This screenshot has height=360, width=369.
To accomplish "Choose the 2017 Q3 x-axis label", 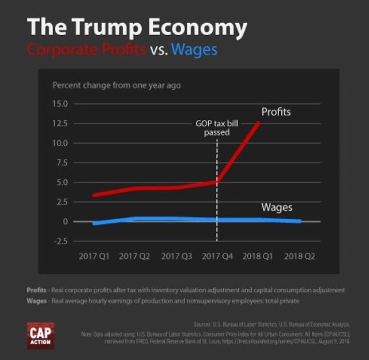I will coord(176,256).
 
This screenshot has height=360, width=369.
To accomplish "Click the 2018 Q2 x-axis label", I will coord(300,256).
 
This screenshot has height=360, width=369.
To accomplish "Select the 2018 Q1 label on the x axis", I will coord(258,256).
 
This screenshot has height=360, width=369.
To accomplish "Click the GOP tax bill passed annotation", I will coord(216,127).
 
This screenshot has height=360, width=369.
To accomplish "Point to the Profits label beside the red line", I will coord(276,112).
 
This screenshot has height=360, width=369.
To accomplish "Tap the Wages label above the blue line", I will coord(277,207).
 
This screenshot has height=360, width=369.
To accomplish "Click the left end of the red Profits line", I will coord(94,195).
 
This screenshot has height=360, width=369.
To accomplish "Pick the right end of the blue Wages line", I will coord(300,221).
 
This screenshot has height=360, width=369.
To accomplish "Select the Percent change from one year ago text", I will coord(116,85).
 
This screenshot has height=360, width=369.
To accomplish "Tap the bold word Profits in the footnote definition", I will coord(37,290).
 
